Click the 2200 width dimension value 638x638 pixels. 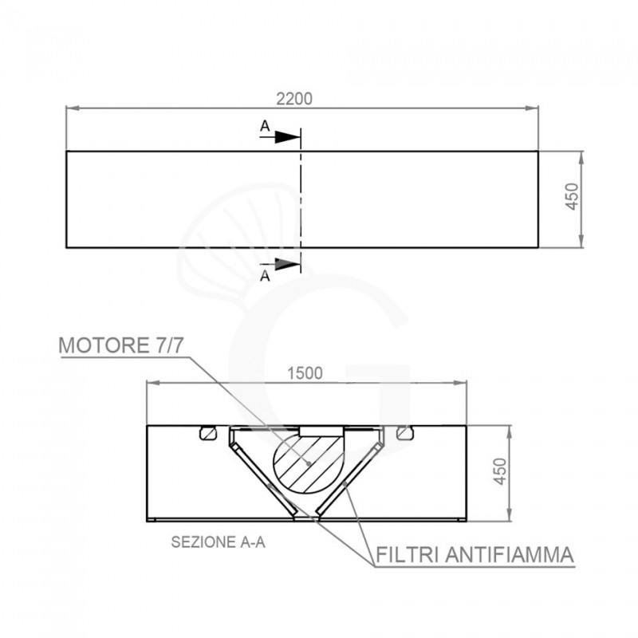(x=293, y=99)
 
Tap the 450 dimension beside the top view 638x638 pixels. (x=570, y=197)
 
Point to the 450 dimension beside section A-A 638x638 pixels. (x=499, y=472)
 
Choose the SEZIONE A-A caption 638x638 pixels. (x=218, y=542)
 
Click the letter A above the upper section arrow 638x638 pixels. (x=265, y=125)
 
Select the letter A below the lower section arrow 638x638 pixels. (x=265, y=278)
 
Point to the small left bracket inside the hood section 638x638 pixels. (x=207, y=433)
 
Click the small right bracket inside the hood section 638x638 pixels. (x=406, y=433)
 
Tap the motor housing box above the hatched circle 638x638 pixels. (x=321, y=431)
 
